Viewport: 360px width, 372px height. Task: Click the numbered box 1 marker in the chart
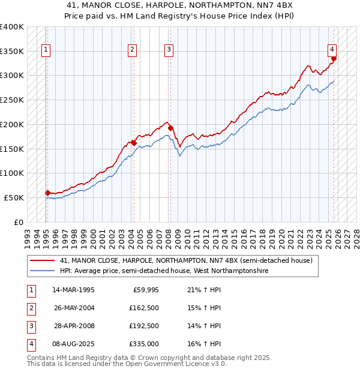46,50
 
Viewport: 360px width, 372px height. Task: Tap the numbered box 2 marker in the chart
132,50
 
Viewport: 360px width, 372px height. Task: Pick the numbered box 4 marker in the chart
332,50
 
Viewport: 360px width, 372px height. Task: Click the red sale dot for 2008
170,128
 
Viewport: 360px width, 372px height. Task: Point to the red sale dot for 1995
47,193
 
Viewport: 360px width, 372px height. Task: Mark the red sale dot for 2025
334,58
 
